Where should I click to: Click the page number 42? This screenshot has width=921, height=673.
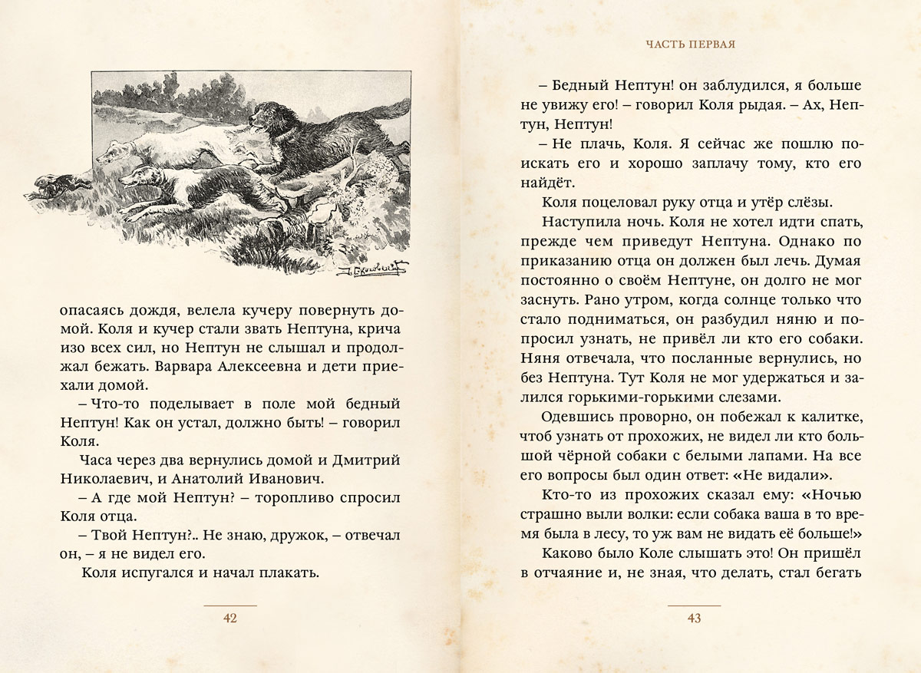coord(230,619)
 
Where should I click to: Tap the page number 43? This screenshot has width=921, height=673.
coord(695,619)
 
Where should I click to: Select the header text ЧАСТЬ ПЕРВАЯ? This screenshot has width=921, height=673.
coord(691,45)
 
